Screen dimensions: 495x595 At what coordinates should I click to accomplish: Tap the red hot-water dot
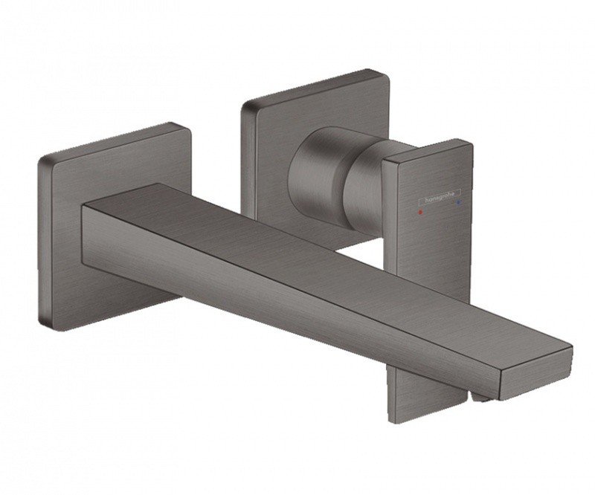coord(422,211)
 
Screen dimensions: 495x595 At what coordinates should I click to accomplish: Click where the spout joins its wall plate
coord(88,223)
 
